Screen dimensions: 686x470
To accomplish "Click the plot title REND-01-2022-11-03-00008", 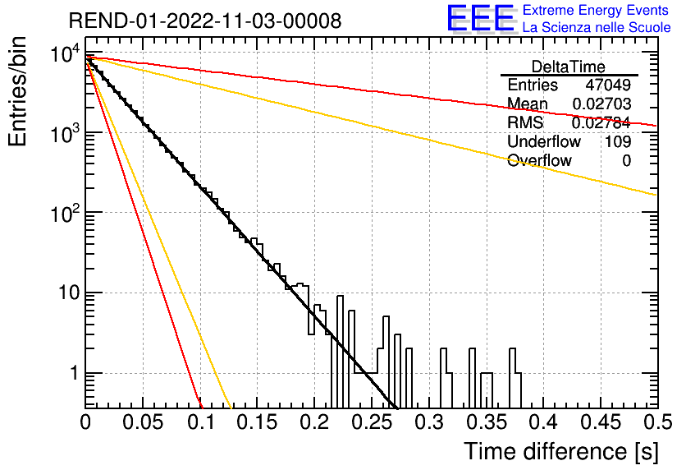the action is click(x=205, y=21).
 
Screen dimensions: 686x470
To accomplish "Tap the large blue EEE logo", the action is click(x=480, y=18).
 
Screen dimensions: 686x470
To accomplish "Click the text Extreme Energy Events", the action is click(x=596, y=10).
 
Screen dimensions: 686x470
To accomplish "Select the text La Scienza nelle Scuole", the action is click(x=597, y=27).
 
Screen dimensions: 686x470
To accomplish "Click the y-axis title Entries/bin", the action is click(x=17, y=91).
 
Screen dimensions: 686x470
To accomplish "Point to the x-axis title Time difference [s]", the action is click(x=561, y=451).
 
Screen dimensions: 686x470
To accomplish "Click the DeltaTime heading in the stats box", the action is click(x=569, y=67).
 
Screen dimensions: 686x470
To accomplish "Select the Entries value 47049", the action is click(x=608, y=85).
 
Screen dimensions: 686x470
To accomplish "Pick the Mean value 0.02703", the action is click(x=601, y=104).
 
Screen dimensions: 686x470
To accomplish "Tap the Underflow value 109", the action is click(x=618, y=141).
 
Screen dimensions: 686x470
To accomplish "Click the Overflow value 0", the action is click(x=626, y=161).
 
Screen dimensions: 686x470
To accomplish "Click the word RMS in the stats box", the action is click(x=525, y=122).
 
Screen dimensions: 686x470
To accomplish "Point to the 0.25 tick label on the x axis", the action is click(x=373, y=422).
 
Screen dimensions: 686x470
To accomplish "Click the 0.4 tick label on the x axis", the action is click(x=544, y=422).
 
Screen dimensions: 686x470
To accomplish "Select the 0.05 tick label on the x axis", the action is click(x=143, y=422).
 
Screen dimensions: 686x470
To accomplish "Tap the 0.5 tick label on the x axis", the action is click(x=658, y=422).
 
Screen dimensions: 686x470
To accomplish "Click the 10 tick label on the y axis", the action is click(x=70, y=293).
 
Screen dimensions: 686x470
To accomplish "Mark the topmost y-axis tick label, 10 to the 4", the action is click(x=66, y=53).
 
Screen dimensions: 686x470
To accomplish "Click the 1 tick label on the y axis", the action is click(x=75, y=373).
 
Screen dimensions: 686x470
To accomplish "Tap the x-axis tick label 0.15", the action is click(x=258, y=422).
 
